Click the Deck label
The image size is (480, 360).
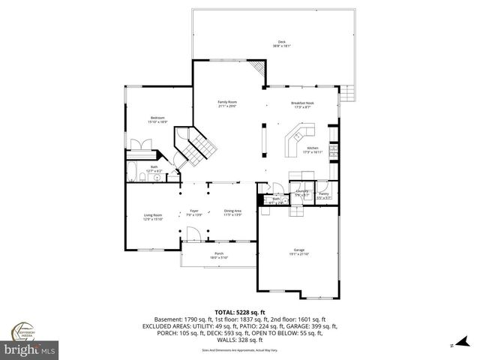tap(282, 43)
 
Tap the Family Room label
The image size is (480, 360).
tap(227, 103)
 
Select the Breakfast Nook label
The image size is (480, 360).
tap(302, 105)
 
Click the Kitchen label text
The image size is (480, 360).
tap(313, 150)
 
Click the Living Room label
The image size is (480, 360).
tap(153, 217)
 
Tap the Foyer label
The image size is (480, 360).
tap(193, 213)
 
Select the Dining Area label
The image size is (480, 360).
tap(232, 213)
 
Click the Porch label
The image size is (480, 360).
tap(220, 255)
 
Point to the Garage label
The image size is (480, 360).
tap(298, 251)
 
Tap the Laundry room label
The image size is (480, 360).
tap(301, 193)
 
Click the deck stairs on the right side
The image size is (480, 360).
tap(347, 93)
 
